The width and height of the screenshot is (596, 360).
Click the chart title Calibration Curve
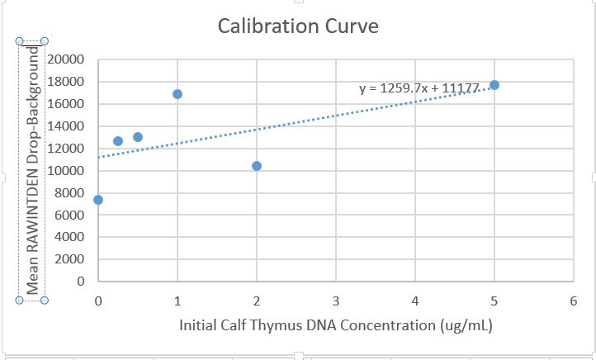298,26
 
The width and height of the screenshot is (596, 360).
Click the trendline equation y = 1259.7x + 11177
420,88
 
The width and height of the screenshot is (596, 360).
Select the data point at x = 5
494,85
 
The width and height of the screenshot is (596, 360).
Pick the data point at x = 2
257,166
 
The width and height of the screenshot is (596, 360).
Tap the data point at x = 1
177,94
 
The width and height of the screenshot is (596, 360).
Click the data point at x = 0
98,200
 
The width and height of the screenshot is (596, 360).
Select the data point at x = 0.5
138,137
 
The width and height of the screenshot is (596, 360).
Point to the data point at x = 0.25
118,141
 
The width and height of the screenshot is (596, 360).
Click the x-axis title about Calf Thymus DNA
336,324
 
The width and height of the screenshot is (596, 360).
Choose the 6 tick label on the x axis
574,301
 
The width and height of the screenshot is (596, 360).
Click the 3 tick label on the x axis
336,301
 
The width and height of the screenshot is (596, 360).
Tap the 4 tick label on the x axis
415,301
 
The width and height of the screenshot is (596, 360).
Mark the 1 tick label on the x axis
177,301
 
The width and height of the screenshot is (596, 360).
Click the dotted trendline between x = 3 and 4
376,108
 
